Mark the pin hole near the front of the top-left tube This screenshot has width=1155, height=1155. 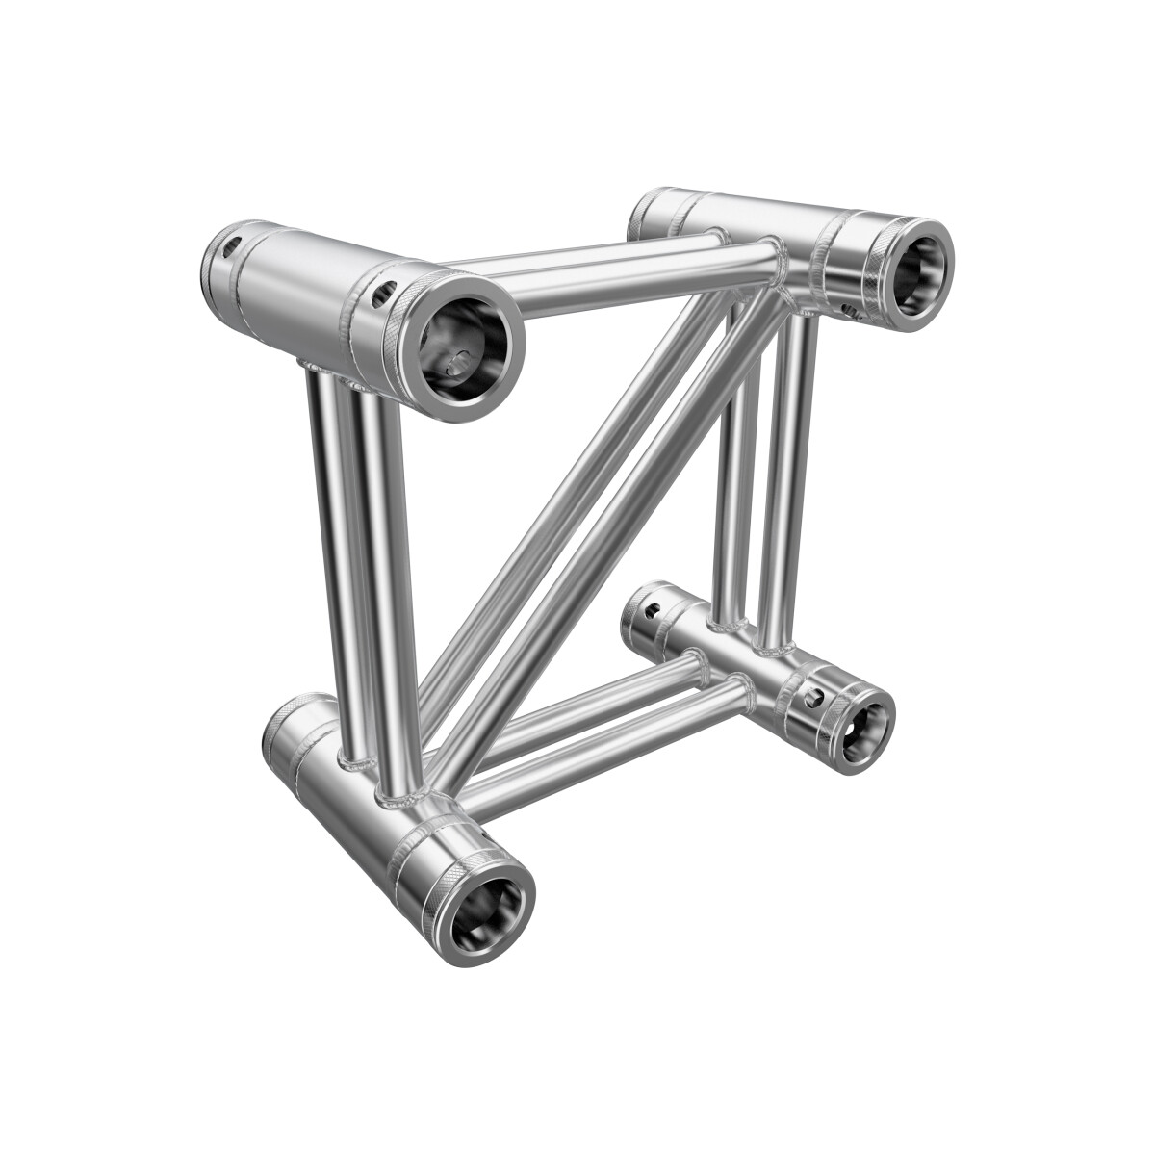(384, 288)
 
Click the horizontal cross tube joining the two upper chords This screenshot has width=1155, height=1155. (635, 270)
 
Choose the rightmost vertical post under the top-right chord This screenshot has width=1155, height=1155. (792, 481)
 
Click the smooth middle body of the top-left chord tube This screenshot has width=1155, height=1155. (298, 289)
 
